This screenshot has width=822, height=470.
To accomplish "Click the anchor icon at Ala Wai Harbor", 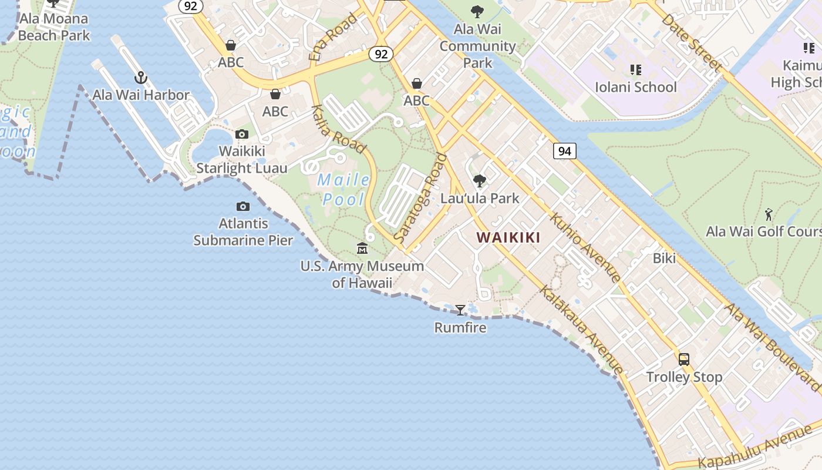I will point(140,78).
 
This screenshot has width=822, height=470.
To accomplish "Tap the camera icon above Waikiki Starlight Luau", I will point(242,135).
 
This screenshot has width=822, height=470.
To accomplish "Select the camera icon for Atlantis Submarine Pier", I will point(242,206).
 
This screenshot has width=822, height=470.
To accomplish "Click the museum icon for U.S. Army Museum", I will point(362,249).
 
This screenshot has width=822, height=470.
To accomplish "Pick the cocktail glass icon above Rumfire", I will point(460,310).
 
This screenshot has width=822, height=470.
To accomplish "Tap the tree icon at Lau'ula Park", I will point(480,180).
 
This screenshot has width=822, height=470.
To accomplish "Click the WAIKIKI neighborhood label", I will point(508,237).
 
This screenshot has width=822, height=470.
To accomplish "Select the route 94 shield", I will point(564,151).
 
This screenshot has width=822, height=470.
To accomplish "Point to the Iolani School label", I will point(636,87).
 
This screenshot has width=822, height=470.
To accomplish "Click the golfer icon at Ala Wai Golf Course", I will point(769,214).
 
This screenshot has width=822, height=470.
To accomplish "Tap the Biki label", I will point(665,258).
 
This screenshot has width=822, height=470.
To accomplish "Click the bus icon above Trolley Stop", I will point(684,360).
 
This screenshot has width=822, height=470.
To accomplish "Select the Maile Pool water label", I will point(344,189).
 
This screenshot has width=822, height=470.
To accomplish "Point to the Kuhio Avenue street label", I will point(585,247).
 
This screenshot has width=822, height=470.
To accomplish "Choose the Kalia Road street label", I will point(339,130).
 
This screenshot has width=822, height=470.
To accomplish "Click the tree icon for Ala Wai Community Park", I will point(477,11).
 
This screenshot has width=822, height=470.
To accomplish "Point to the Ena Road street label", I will point(332,37).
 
